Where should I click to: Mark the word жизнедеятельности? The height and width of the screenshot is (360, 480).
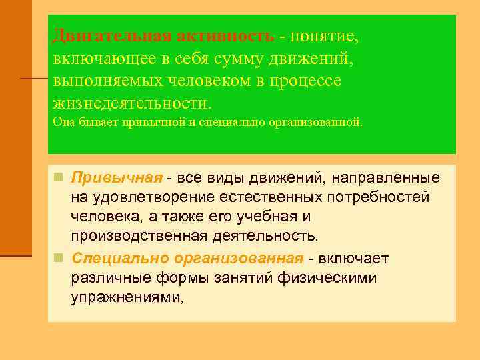tap(130, 103)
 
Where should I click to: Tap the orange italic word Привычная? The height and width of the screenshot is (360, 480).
tap(117, 179)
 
